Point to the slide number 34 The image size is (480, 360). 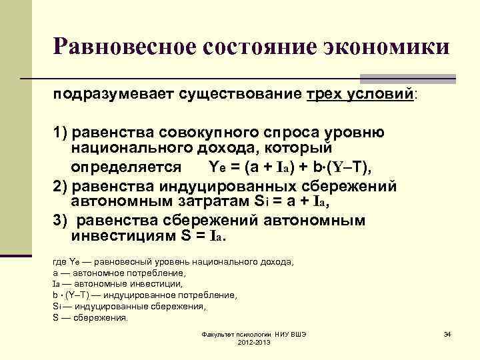pyautogui.click(x=447, y=333)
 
